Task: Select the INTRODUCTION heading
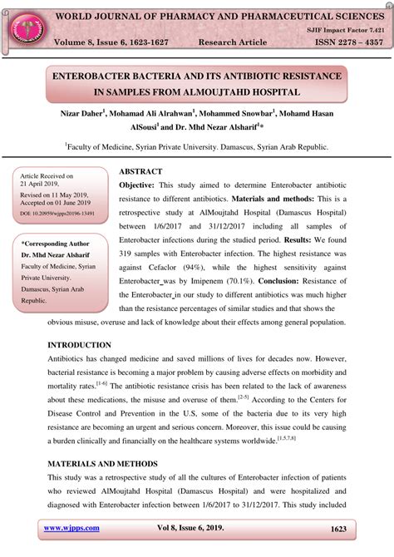point(79,344)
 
